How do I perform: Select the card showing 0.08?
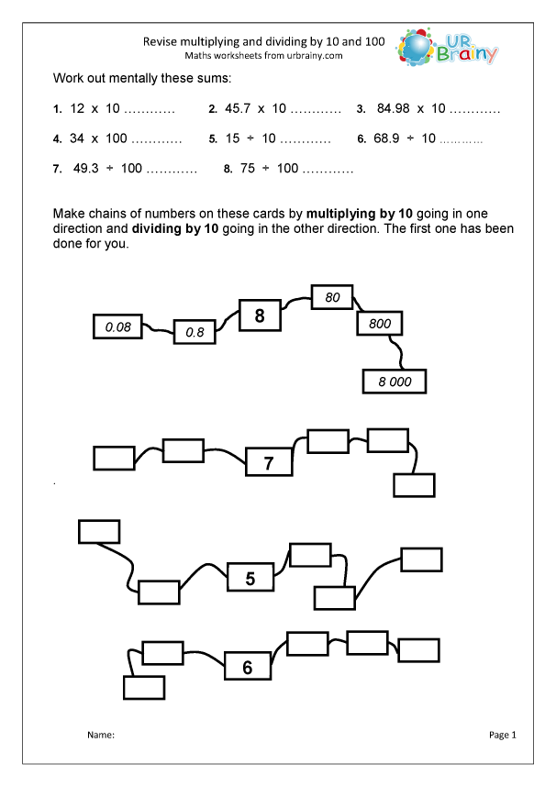[x=118, y=326]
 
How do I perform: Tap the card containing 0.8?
[x=195, y=333]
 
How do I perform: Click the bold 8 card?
[x=260, y=316]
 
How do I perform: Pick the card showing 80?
[x=332, y=297]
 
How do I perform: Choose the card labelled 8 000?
[x=395, y=382]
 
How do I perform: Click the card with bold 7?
[x=268, y=463]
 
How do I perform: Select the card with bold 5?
[x=249, y=579]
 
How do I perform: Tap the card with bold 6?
[x=247, y=668]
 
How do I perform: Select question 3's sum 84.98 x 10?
[x=409, y=109]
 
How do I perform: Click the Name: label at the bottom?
[x=100, y=736]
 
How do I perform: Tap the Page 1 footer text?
[x=504, y=735]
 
